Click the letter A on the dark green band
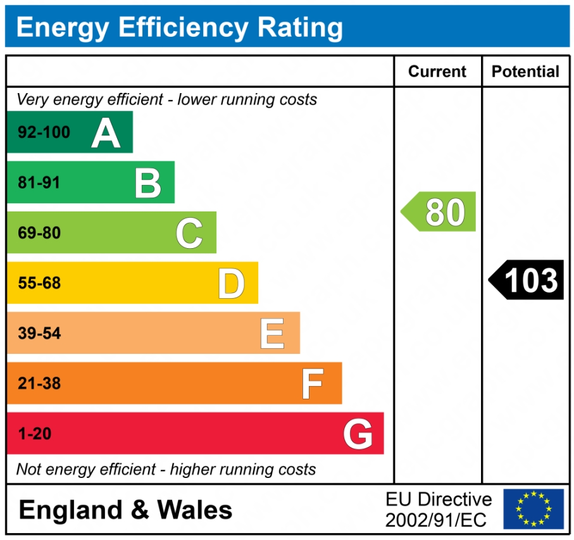106,133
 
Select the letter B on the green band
148,183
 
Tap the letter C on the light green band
189,233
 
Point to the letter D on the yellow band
231,283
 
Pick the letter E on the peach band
272,334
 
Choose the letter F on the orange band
313,384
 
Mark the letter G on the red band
358,434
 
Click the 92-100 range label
44,133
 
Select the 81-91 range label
39,183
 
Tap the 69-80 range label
39,233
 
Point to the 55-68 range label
39,283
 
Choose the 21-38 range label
39,384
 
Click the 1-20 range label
35,434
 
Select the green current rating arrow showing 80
439,211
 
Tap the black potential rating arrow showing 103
527,280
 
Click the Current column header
437,72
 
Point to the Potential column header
525,72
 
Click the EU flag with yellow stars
533,509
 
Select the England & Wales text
125,510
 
